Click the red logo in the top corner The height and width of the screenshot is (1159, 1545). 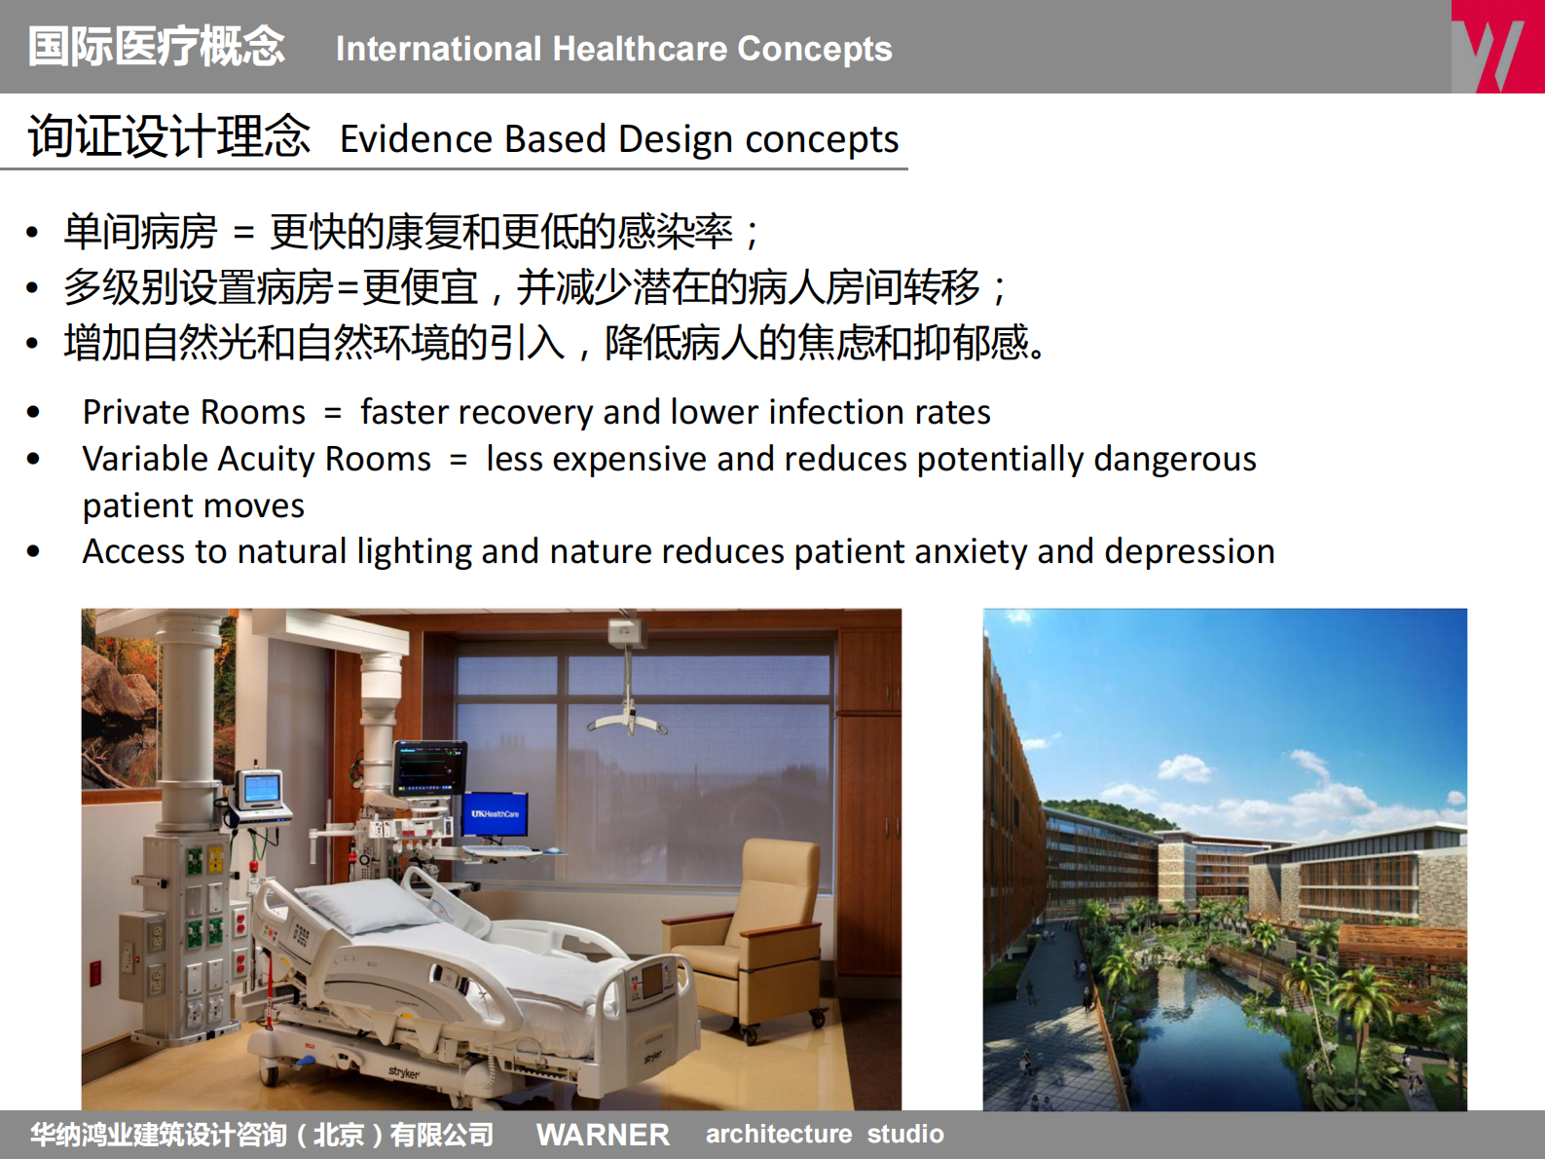pyautogui.click(x=1496, y=47)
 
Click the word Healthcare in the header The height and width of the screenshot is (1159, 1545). pyautogui.click(x=640, y=49)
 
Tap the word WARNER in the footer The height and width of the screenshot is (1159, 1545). pyautogui.click(x=603, y=1135)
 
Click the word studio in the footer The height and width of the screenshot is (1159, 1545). pyautogui.click(x=905, y=1135)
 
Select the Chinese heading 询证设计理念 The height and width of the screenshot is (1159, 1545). pyautogui.click(x=168, y=136)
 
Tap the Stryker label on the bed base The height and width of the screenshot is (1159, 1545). pyautogui.click(x=404, y=1072)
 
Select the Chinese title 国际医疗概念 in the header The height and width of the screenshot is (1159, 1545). pyautogui.click(x=156, y=47)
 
